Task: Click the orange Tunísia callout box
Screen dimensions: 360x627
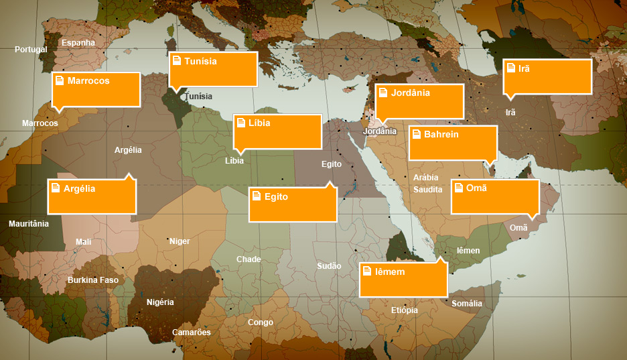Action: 213,69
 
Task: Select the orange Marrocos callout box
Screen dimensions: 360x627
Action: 96,89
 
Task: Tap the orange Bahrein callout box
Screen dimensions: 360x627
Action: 453,143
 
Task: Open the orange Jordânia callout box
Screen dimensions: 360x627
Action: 419,101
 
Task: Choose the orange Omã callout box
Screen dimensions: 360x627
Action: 495,196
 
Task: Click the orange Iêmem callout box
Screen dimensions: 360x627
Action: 403,280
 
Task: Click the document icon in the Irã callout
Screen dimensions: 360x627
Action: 511,68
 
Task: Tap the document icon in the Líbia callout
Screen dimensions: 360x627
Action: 241,123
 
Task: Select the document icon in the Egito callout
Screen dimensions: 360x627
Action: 257,197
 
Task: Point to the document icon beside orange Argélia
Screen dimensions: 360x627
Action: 56,188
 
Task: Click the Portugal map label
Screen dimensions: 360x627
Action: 31,50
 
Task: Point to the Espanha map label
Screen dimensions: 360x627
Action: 78,43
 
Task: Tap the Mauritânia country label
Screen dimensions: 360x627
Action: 29,224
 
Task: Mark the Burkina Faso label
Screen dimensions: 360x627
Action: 93,280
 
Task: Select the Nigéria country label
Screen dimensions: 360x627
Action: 160,302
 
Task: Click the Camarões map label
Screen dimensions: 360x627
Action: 192,333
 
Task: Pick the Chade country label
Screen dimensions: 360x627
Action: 249,259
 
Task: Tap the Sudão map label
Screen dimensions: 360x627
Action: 329,266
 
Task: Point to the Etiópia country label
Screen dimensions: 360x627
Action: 405,310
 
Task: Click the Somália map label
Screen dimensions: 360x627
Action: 467,304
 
